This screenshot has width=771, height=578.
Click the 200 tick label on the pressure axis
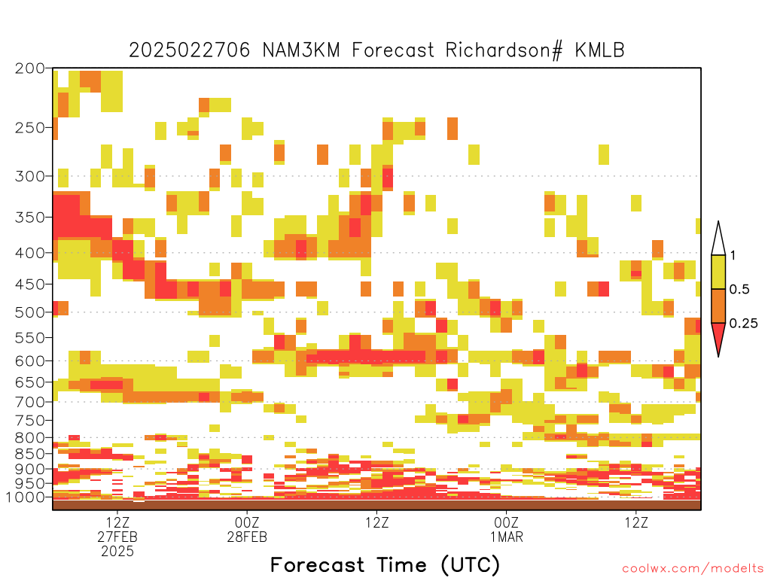pyautogui.click(x=29, y=68)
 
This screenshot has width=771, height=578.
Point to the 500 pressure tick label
pyautogui.click(x=29, y=312)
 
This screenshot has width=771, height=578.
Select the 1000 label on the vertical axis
pyautogui.click(x=26, y=497)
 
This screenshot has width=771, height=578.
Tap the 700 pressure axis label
pyautogui.click(x=29, y=402)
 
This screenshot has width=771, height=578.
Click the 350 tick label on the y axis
pyautogui.click(x=29, y=217)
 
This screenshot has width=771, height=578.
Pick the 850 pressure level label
pyautogui.click(x=29, y=453)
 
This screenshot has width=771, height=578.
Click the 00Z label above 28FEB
pyautogui.click(x=247, y=522)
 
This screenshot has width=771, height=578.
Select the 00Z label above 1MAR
pyautogui.click(x=507, y=522)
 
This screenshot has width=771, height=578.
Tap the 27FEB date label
pyautogui.click(x=117, y=537)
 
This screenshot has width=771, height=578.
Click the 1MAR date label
pyautogui.click(x=507, y=537)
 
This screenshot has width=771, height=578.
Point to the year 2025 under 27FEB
pyautogui.click(x=117, y=552)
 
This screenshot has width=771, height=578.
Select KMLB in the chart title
pyautogui.click(x=600, y=50)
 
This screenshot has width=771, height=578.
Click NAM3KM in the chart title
pyautogui.click(x=301, y=50)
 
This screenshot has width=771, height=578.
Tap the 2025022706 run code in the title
pyautogui.click(x=189, y=50)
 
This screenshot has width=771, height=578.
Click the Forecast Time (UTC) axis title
pyautogui.click(x=385, y=564)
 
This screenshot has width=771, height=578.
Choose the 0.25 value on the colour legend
pyautogui.click(x=743, y=324)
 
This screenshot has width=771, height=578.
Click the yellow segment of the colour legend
pyautogui.click(x=718, y=272)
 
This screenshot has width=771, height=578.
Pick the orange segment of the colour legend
pyautogui.click(x=718, y=306)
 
